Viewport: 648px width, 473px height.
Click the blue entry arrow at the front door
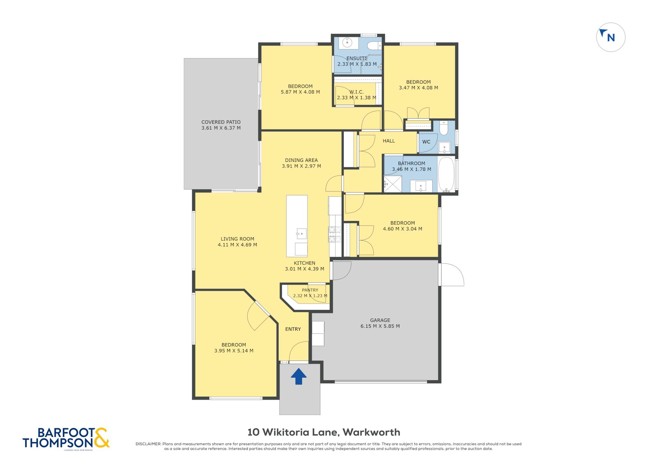point(299,376)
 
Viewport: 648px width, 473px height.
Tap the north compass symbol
point(611,37)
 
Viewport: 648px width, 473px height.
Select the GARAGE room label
point(380,320)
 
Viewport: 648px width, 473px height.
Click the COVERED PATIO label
point(221,122)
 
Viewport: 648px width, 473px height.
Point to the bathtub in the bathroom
point(446,174)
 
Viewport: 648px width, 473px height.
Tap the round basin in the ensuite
point(347,42)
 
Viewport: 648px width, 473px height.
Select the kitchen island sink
point(301,234)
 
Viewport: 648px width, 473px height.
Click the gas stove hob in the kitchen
point(335,234)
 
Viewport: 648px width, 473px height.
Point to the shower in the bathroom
point(393,184)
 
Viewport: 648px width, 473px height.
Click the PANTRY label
point(310,290)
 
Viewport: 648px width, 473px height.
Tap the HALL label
point(389,141)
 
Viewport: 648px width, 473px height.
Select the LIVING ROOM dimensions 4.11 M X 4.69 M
point(237,245)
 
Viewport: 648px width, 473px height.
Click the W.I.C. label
point(357,92)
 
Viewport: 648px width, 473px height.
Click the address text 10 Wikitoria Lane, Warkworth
point(324,432)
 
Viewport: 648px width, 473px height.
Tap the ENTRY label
point(293,329)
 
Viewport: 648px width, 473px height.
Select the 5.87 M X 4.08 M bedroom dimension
point(300,92)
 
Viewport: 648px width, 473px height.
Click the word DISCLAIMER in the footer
point(148,444)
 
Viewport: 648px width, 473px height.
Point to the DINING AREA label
point(301,160)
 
